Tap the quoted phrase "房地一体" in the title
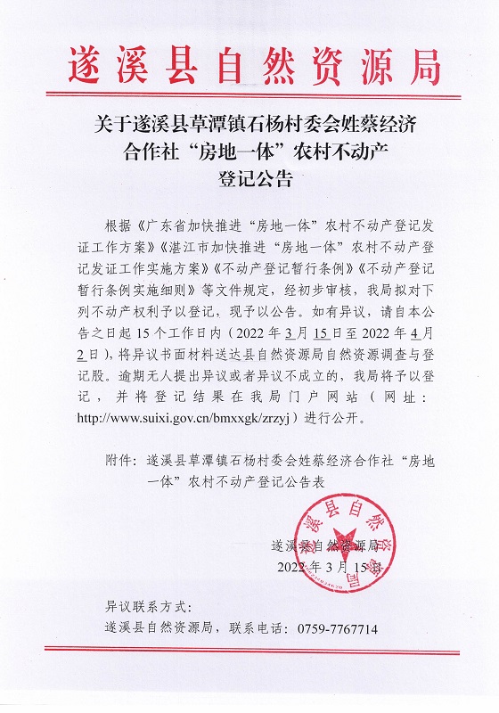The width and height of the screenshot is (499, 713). (x=218, y=149)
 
